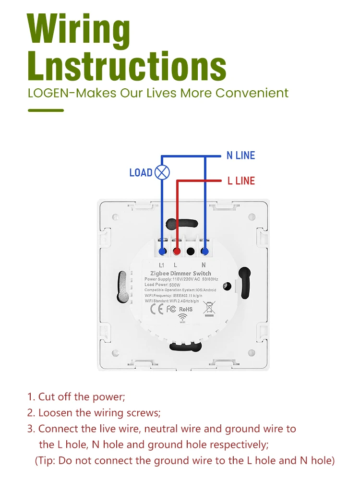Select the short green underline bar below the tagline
coord(46,110)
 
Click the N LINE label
coord(240,156)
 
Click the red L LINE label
coord(241,181)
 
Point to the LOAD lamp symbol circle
coord(163,172)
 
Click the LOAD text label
coord(141,173)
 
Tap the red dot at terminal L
coord(177,251)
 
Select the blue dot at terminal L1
coord(163,251)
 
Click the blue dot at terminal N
coord(205,251)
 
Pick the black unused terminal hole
coord(191,251)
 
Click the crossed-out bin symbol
coord(209,308)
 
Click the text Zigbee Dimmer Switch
coord(180,273)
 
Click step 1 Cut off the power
coord(77,397)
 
